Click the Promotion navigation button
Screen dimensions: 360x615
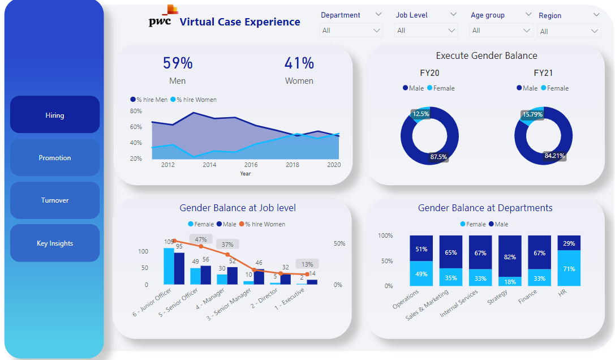(55, 158)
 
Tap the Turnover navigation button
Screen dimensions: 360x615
(55, 200)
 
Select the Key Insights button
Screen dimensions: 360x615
(55, 243)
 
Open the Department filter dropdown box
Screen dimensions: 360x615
(351, 31)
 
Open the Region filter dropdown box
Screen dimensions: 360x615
(569, 31)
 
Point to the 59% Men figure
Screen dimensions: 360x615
(178, 63)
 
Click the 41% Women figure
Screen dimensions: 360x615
(299, 63)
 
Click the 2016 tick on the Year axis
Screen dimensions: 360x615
(251, 165)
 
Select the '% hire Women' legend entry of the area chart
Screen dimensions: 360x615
(196, 100)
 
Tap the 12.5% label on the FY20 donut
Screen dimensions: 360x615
(420, 114)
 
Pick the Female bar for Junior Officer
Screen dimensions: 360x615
(169, 266)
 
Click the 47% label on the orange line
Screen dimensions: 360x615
(200, 239)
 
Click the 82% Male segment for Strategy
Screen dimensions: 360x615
(510, 256)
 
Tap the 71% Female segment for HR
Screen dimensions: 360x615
(569, 268)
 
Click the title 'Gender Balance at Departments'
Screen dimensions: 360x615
(485, 208)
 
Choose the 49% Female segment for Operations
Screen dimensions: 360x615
(421, 273)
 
